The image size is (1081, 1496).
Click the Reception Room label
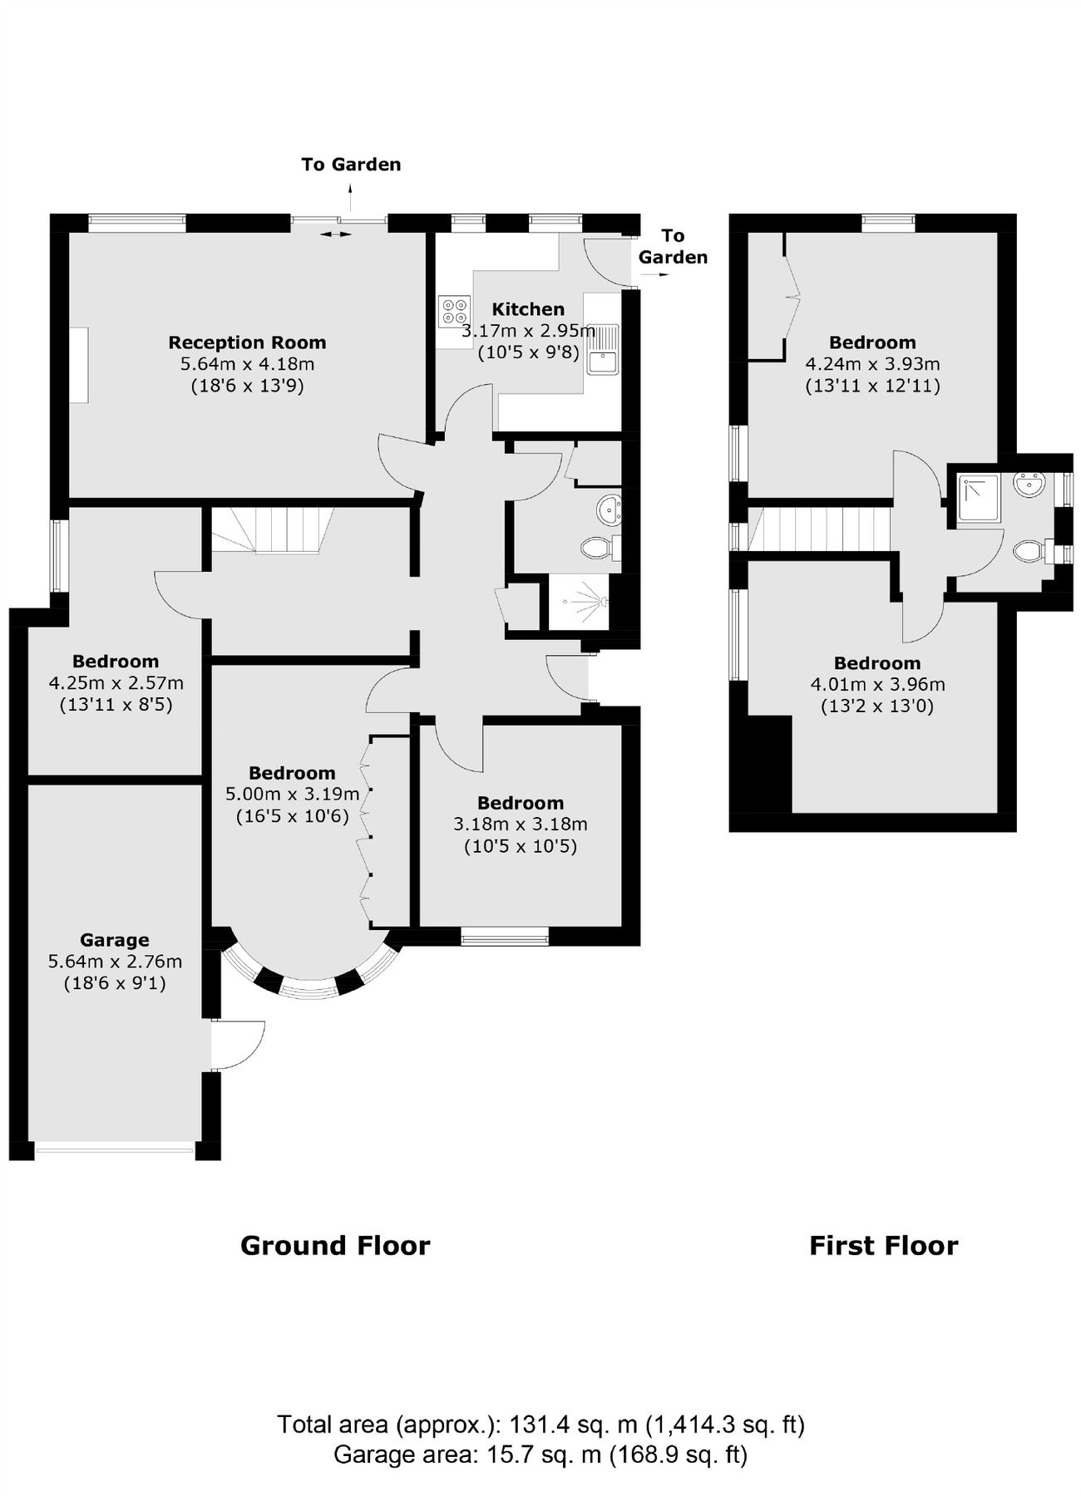coord(247,342)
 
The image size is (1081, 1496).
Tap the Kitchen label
coord(528,309)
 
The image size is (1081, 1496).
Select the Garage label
coord(115,940)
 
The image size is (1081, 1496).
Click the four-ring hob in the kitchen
coord(454,311)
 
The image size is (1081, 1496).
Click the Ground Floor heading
coord(335,1246)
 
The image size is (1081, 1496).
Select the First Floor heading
coord(883,1246)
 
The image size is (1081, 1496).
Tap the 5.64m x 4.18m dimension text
coord(247,364)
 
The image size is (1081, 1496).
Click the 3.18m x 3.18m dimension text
coord(520,824)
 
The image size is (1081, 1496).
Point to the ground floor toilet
coord(597,547)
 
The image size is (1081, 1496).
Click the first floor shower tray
coord(978,498)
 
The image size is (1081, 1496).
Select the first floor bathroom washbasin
coord(1029,485)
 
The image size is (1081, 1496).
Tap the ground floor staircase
coord(272,530)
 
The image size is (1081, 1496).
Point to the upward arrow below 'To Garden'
coord(350,198)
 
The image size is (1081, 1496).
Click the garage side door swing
coord(237,1045)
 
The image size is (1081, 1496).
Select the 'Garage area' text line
coord(540,1454)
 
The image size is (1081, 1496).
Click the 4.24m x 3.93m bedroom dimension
coord(872,364)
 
